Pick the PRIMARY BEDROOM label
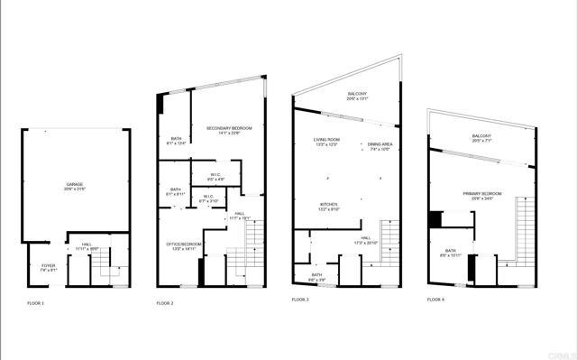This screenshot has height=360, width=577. point(481,196)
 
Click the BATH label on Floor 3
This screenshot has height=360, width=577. point(317,276)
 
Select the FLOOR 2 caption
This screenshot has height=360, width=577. point(165,302)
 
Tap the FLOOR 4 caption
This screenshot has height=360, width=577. point(435,300)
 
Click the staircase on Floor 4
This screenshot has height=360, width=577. point(521,230)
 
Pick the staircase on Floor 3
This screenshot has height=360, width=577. point(389,244)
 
